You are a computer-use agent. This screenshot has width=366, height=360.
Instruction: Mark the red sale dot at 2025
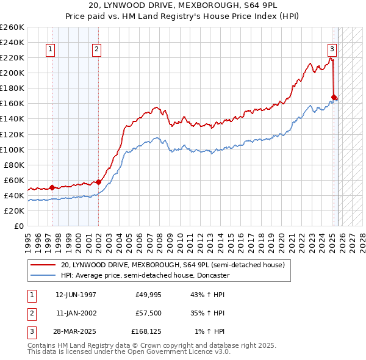pos(334,97)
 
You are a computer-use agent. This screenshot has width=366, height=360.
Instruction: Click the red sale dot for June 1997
pos(52,187)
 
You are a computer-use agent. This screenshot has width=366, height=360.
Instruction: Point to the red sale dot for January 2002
pos(99,182)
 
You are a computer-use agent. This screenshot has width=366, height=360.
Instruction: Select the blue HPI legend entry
pos(145,275)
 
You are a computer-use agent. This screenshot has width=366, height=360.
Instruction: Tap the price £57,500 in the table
pos(148,313)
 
